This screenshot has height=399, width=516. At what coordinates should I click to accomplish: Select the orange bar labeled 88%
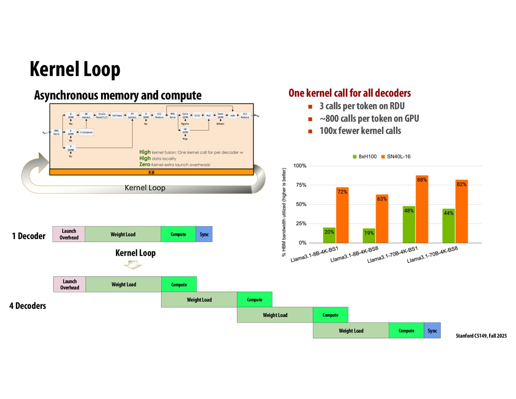(x=422, y=209)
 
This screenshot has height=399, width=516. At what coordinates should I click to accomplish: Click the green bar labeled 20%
(x=329, y=235)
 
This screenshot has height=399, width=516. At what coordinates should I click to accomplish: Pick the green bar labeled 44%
(x=448, y=226)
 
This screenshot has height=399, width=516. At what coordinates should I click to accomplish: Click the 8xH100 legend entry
(x=364, y=157)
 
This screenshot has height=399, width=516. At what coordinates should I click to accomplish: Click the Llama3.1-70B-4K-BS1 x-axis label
(x=392, y=255)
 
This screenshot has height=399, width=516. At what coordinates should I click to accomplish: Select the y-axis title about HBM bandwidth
(x=284, y=212)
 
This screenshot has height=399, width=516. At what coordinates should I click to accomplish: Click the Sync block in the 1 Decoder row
(x=204, y=234)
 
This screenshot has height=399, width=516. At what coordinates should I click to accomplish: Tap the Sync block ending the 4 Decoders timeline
(x=432, y=331)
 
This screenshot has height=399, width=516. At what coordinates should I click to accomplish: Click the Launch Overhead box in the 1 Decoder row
(x=69, y=234)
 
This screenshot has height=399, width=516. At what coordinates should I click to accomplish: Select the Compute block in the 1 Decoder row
(x=178, y=234)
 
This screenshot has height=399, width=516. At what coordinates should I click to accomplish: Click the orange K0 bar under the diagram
(x=151, y=172)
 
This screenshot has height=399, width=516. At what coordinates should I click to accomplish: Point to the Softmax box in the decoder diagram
(x=117, y=116)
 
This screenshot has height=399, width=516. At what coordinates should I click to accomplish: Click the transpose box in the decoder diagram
(x=86, y=132)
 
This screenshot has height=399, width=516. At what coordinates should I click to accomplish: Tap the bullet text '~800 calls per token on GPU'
(x=369, y=118)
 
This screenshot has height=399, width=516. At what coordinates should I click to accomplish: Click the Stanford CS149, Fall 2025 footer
(x=481, y=336)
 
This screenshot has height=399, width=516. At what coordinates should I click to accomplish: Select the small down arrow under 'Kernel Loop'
(x=133, y=265)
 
